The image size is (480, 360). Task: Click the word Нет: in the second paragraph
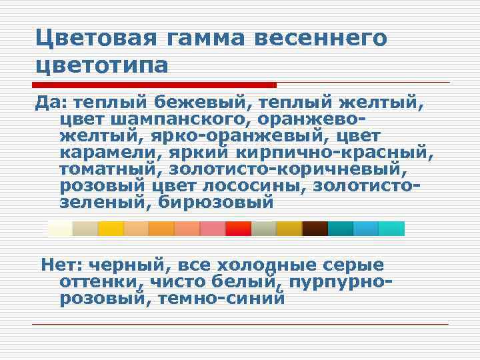(61, 265)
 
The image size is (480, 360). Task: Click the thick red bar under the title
(154, 85)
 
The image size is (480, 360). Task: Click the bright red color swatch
(238, 229)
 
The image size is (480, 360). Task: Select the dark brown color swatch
(315, 229)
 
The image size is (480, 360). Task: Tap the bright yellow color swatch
(111, 229)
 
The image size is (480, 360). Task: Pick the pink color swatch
(213, 229)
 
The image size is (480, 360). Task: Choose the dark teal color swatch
(340, 229)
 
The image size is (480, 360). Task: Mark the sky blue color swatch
(365, 229)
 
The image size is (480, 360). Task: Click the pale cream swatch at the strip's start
(60, 229)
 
